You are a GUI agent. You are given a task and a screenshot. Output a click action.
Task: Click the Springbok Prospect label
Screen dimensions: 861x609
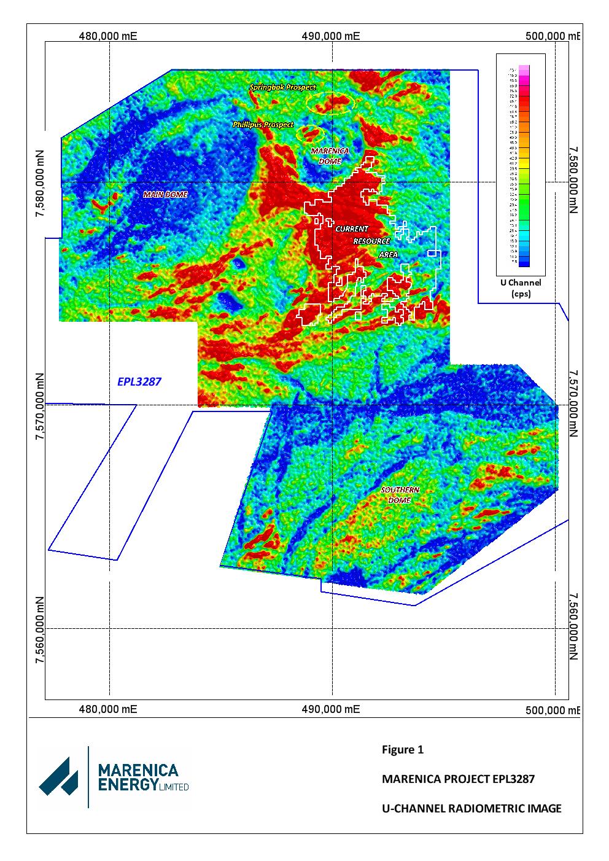click(282, 88)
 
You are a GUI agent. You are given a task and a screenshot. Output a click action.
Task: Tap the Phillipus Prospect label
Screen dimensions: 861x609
click(263, 125)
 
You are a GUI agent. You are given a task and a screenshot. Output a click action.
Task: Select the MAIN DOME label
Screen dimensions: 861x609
click(165, 194)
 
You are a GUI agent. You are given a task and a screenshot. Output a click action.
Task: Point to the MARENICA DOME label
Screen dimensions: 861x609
click(330, 155)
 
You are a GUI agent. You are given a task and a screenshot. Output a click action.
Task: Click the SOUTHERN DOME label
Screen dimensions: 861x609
click(400, 495)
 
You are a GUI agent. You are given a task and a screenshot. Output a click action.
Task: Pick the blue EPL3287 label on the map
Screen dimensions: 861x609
click(139, 382)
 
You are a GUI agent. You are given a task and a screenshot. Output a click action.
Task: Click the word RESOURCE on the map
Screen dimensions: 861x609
click(371, 241)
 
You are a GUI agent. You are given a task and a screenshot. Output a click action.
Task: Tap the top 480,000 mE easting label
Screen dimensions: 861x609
click(108, 36)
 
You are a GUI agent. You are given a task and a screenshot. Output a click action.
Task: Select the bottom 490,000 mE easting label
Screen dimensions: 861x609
click(331, 709)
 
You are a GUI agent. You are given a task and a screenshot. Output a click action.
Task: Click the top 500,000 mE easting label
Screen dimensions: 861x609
click(553, 36)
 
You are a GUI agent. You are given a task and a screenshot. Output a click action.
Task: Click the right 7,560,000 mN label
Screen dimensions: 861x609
click(573, 628)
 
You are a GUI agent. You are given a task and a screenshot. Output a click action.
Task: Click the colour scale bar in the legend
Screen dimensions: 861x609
click(523, 166)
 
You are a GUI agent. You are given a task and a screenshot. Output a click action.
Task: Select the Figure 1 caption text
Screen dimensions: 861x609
click(403, 749)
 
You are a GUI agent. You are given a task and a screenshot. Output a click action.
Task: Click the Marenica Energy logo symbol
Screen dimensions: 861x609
click(59, 776)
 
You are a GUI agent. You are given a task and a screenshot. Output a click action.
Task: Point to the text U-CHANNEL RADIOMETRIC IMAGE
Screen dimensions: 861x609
click(471, 808)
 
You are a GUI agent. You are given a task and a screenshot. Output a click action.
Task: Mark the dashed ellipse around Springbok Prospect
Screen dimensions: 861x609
click(332, 103)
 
